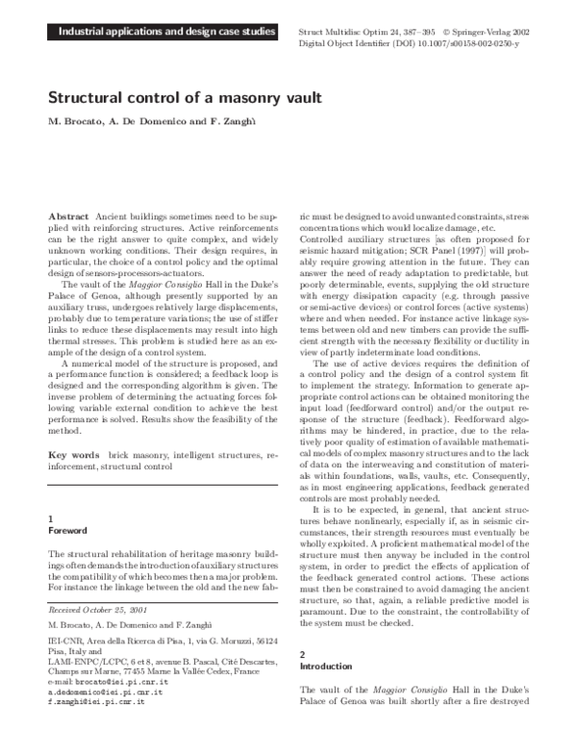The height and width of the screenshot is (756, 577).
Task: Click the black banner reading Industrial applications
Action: coord(152,34)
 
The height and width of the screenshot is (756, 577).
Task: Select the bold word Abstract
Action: coord(66,219)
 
